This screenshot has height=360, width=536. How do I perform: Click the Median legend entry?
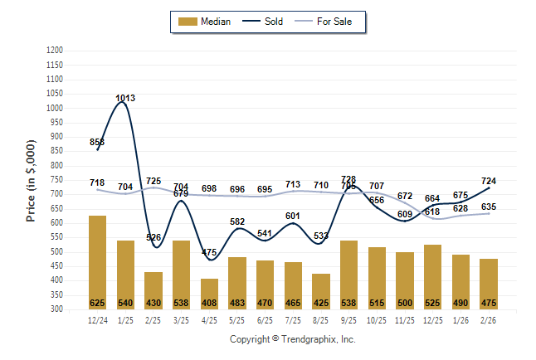coord(205,22)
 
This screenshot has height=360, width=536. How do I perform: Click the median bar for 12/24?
coord(97,261)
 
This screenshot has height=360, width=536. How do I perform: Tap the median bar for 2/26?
coord(489,283)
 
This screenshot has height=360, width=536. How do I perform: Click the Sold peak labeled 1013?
coord(125,99)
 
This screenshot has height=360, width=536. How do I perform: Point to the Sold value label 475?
coord(209,252)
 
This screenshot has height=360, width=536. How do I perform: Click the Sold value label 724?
coord(489,181)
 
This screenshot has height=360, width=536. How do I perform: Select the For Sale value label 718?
coord(97,182)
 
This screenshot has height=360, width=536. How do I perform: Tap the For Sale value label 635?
coord(489,207)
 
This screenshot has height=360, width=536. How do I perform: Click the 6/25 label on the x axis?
coord(265,320)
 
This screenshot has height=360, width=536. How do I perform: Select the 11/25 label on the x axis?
coord(405,320)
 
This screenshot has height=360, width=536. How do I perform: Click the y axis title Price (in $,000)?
coord(32,179)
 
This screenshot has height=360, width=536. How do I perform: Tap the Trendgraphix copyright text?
coord(292,339)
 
